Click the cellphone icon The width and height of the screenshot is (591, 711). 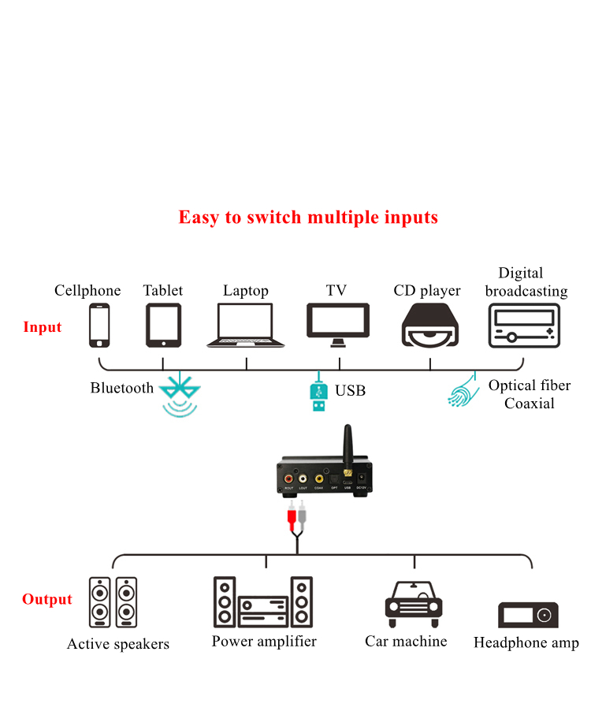click(x=99, y=326)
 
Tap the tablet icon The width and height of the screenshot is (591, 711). click(x=163, y=326)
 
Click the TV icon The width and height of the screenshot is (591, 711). click(x=338, y=325)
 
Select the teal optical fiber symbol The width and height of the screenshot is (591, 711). click(x=464, y=389)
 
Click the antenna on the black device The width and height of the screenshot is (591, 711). click(x=346, y=445)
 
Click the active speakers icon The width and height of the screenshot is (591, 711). click(x=113, y=601)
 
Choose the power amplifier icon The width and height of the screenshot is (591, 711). click(x=263, y=602)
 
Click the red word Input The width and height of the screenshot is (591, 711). click(x=43, y=327)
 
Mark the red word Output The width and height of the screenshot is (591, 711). click(x=47, y=600)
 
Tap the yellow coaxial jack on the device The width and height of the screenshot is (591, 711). click(x=318, y=478)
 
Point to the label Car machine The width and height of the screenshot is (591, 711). click(x=406, y=642)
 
